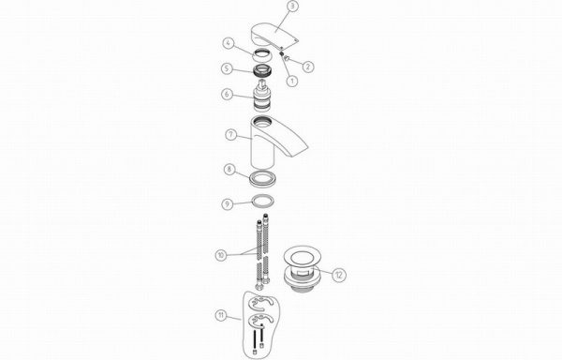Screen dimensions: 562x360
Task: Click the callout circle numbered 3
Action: (x=293, y=7)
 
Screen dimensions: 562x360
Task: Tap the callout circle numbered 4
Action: (x=229, y=43)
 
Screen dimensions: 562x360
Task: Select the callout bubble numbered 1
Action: (x=292, y=81)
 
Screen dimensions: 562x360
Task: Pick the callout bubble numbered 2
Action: (x=308, y=67)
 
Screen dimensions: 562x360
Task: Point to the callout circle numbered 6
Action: (x=228, y=95)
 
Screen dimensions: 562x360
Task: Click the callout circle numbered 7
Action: (x=231, y=134)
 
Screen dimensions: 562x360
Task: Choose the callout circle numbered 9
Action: (x=228, y=204)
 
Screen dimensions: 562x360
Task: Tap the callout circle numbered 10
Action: (x=221, y=255)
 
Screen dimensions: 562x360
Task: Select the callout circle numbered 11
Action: (x=221, y=316)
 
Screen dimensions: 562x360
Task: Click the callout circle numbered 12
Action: (x=339, y=275)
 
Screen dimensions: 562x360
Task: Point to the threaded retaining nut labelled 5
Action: (x=264, y=70)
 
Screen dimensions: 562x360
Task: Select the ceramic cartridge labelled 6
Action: (x=264, y=97)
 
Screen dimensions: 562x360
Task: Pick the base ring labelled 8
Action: (x=263, y=178)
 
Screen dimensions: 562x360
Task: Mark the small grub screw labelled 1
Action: (x=282, y=53)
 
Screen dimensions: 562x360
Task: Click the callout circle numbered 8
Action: (x=229, y=169)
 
